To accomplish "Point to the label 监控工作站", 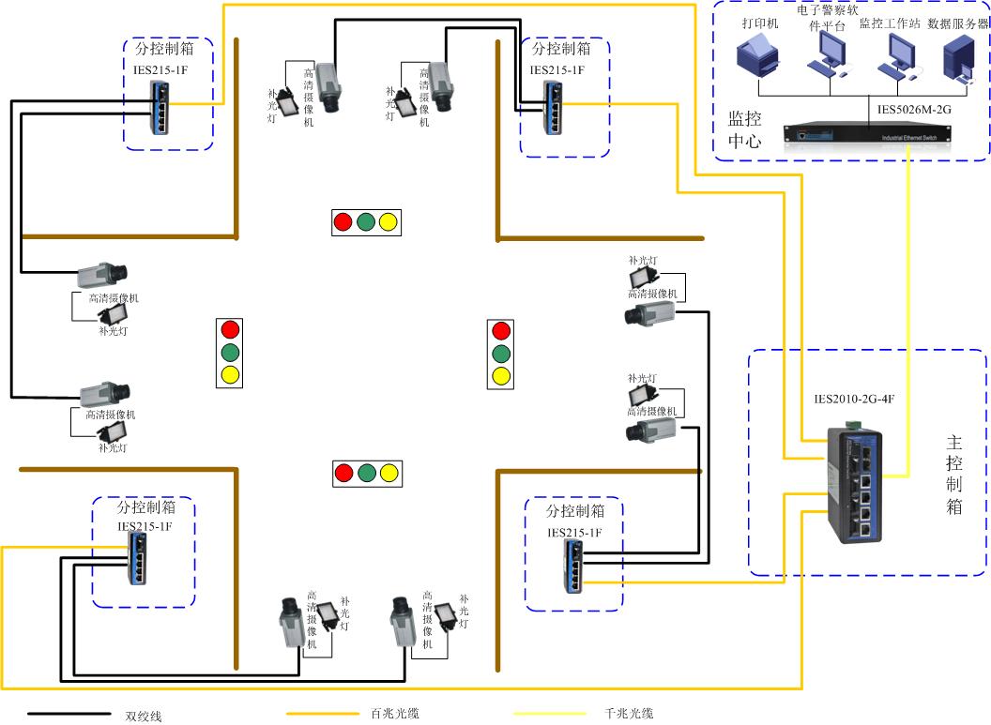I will [x=889, y=23].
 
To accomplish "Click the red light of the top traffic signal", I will [x=343, y=222].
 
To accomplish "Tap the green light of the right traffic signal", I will [x=501, y=354].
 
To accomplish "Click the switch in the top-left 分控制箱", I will [x=161, y=104].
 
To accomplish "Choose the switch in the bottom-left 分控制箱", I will [x=137, y=562].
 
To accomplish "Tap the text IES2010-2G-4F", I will [x=854, y=399].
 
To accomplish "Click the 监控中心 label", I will [x=745, y=129].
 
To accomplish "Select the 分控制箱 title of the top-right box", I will [x=561, y=48].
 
